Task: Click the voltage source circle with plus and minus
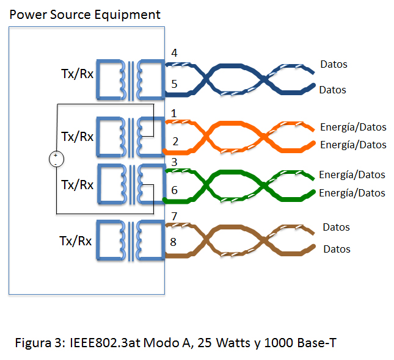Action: point(56,159)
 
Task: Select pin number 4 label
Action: point(175,53)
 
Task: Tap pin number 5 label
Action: point(175,84)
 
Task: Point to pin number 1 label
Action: point(174,113)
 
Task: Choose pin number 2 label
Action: point(175,142)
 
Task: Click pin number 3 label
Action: point(174,162)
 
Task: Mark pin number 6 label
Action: point(175,190)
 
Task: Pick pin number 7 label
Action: point(174,217)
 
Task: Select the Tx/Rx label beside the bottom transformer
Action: point(76,242)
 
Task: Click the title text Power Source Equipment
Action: point(85,14)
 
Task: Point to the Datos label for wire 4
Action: point(334,64)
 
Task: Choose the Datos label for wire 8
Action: point(337,249)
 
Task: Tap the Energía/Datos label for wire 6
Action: point(352,193)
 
